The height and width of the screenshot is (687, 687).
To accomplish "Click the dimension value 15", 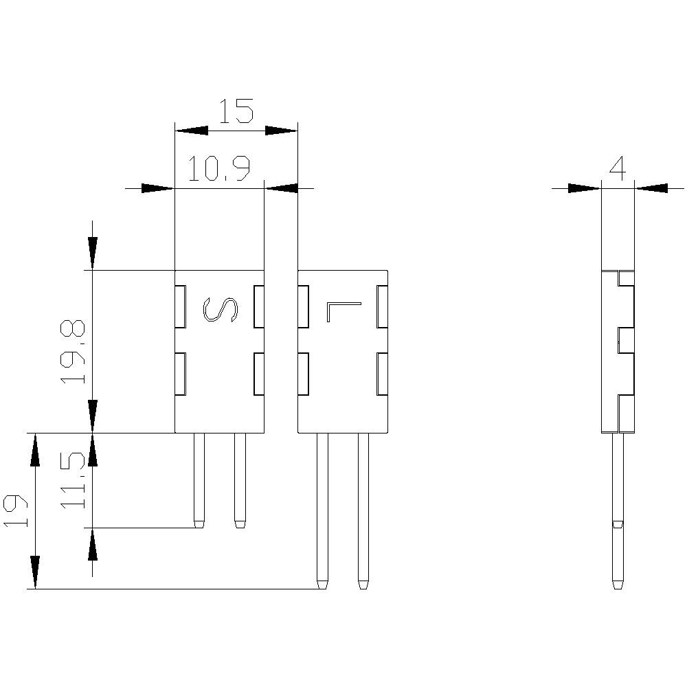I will [x=236, y=111].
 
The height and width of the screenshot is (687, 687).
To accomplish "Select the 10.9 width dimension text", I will [x=218, y=169].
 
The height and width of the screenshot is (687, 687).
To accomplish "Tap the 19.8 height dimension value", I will [x=73, y=351].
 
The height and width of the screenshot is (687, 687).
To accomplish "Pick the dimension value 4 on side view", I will [x=618, y=168].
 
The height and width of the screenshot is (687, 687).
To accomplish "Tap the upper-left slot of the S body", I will [x=181, y=306].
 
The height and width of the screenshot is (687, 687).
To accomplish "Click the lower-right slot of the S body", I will [x=259, y=374].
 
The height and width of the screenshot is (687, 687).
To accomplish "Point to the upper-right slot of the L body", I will [x=383, y=306].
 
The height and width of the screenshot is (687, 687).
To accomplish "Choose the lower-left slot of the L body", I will [x=303, y=374].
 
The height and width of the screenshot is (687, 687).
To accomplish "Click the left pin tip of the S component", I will [x=199, y=524].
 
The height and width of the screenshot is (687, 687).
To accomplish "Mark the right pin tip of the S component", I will [x=240, y=524].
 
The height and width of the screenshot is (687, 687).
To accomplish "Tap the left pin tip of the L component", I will [x=322, y=585].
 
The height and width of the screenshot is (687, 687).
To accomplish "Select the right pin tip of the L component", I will [x=363, y=585].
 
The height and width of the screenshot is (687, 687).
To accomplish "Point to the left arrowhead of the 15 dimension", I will [x=191, y=130].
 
